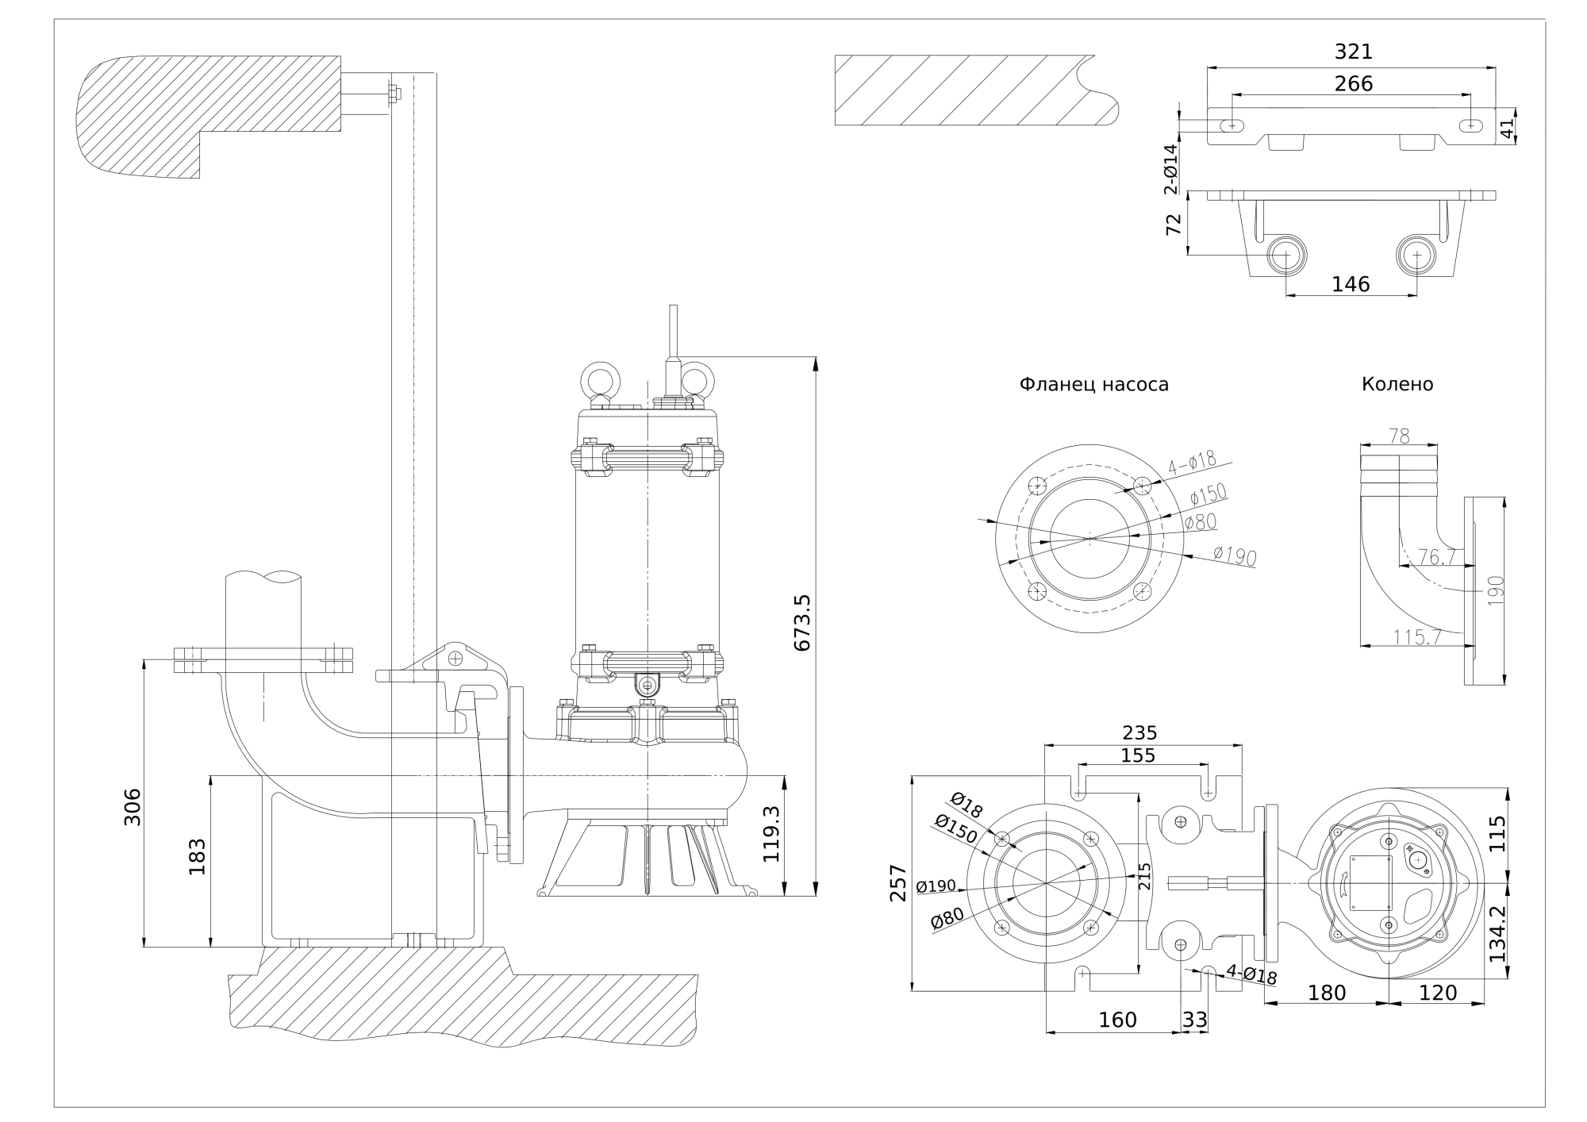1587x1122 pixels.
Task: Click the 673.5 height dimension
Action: [x=802, y=623]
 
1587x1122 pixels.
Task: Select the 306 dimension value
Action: [x=133, y=806]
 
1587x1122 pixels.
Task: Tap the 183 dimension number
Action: [x=197, y=856]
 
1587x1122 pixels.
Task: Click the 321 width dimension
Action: [x=1353, y=52]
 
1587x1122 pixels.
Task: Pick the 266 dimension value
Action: [x=1353, y=83]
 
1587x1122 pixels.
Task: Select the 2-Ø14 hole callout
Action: [x=1171, y=169]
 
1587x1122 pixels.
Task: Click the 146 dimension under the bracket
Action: [x=1351, y=284]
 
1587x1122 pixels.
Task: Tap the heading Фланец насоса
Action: [x=1093, y=385]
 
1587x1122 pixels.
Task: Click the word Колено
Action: [x=1397, y=385]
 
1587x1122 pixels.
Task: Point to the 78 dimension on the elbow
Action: [x=1399, y=436]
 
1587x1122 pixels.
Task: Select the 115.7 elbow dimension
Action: [x=1417, y=636]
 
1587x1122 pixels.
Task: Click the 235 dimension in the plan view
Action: [x=1139, y=732]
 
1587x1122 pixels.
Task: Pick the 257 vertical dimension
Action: [x=898, y=882]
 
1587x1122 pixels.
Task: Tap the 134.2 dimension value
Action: [x=1497, y=933]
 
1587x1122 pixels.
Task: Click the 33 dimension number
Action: [x=1194, y=1020]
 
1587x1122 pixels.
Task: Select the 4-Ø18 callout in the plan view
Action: [x=1251, y=974]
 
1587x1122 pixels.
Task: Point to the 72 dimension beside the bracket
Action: [x=1174, y=224]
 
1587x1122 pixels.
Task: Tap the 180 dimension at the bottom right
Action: [x=1326, y=993]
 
